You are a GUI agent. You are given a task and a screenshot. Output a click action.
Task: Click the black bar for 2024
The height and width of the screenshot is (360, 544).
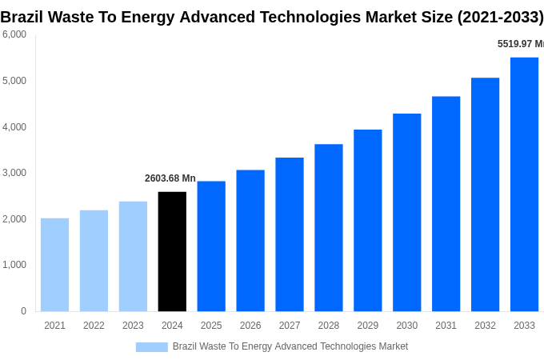(x=172, y=251)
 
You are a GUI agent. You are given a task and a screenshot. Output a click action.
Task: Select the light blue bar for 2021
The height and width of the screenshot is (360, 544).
(x=54, y=265)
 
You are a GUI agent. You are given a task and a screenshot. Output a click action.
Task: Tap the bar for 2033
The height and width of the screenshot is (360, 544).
(x=524, y=184)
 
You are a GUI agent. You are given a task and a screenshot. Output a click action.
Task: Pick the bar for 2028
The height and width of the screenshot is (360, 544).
(x=328, y=228)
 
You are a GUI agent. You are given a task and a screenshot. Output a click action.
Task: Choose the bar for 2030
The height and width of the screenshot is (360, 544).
(x=406, y=212)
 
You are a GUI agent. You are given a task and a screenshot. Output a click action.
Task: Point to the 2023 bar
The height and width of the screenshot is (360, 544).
(x=133, y=256)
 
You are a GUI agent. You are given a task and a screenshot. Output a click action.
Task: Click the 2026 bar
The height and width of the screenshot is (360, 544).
(x=250, y=240)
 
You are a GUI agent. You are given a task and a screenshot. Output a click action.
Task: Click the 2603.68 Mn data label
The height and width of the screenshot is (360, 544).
(x=170, y=178)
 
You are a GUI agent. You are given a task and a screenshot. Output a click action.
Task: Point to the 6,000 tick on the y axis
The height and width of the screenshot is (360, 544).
(x=14, y=34)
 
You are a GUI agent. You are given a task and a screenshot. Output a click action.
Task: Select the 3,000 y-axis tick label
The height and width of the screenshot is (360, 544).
(x=14, y=173)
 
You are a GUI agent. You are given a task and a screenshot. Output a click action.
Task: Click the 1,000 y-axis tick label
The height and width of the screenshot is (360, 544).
(x=14, y=265)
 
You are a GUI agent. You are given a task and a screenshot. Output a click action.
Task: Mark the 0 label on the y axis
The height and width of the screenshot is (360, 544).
(x=23, y=311)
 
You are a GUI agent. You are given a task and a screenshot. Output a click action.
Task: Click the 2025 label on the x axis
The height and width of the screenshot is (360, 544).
(x=211, y=326)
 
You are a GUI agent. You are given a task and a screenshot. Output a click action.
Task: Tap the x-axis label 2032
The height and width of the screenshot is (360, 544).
(x=485, y=326)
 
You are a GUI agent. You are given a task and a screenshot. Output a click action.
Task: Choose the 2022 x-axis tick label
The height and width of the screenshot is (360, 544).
(x=94, y=326)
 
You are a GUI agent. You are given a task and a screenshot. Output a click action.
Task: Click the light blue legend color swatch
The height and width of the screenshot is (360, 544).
(x=151, y=346)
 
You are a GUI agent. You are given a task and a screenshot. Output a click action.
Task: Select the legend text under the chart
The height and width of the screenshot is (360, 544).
(x=290, y=346)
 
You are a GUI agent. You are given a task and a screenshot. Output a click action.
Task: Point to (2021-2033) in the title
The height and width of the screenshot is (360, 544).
(x=499, y=17)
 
